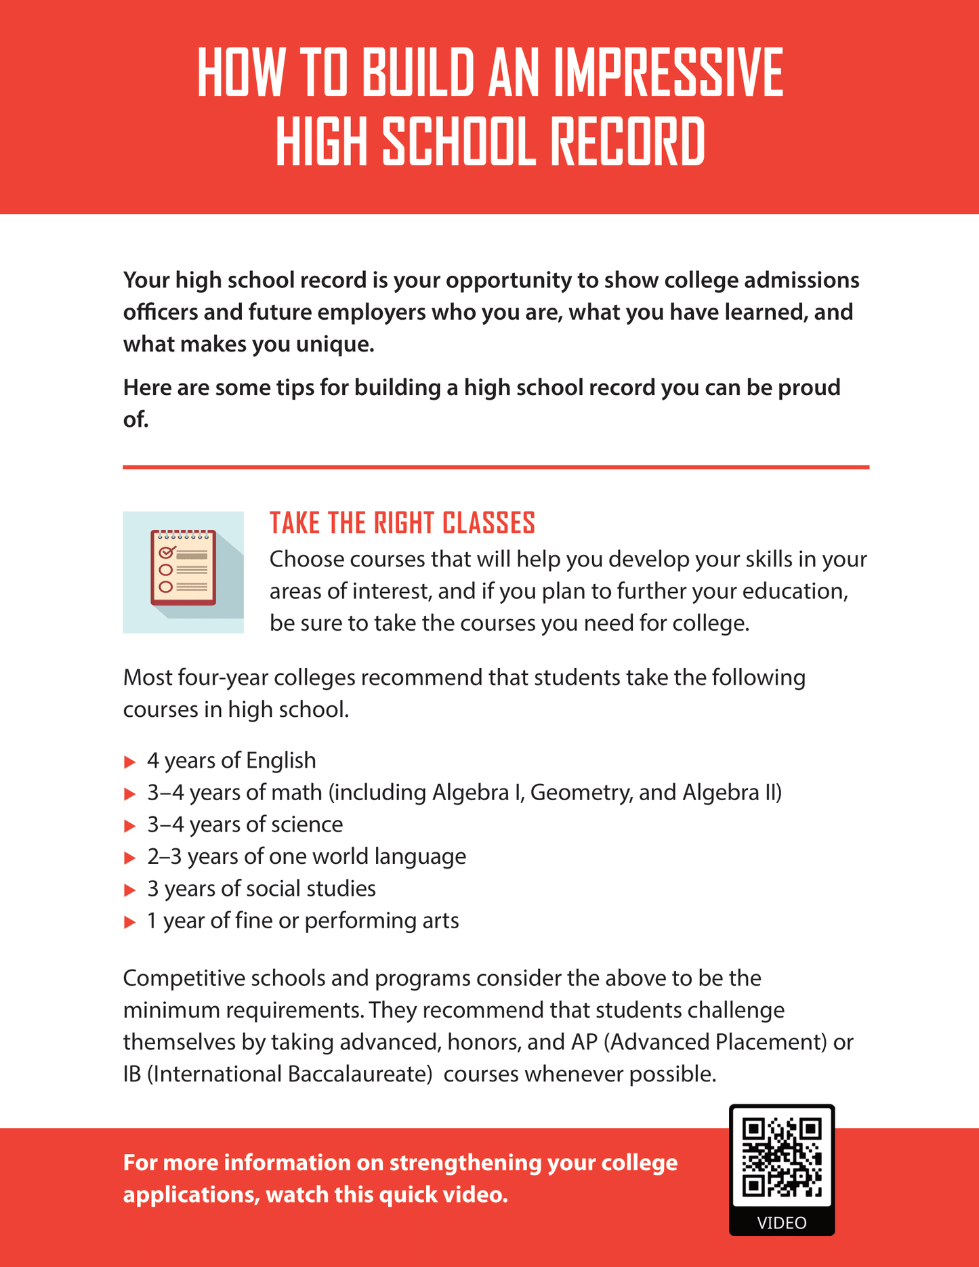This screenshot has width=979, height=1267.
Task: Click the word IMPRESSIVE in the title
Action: [x=668, y=73]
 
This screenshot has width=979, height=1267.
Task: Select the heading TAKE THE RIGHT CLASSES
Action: [x=402, y=523]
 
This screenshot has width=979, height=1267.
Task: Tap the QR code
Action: [x=782, y=1157]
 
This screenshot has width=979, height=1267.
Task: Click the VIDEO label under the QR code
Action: [x=782, y=1222]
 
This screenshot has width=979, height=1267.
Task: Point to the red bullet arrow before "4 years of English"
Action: [x=130, y=762]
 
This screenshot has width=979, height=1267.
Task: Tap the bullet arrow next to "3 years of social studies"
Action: [x=130, y=890]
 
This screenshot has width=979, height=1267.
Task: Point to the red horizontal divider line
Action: [x=496, y=467]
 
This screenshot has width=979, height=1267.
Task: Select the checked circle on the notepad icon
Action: [x=165, y=553]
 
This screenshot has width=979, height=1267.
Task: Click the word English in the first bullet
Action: [x=281, y=760]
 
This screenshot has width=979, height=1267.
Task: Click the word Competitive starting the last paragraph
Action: [x=178, y=978]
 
